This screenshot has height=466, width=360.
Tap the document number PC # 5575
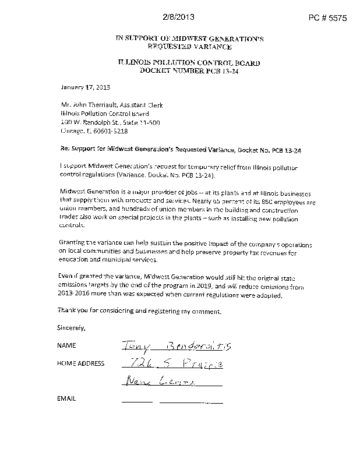[x=327, y=18]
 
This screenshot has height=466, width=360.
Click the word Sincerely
[x=72, y=327]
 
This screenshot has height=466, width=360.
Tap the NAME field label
[x=67, y=345]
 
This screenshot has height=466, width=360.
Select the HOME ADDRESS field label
[x=81, y=363]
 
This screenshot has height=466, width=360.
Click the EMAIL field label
[x=67, y=399]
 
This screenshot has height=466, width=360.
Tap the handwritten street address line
[x=172, y=365]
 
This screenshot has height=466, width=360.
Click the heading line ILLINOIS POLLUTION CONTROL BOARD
[x=189, y=63]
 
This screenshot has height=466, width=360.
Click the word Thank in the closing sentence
[x=68, y=311]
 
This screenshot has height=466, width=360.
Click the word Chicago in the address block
[x=74, y=132]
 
